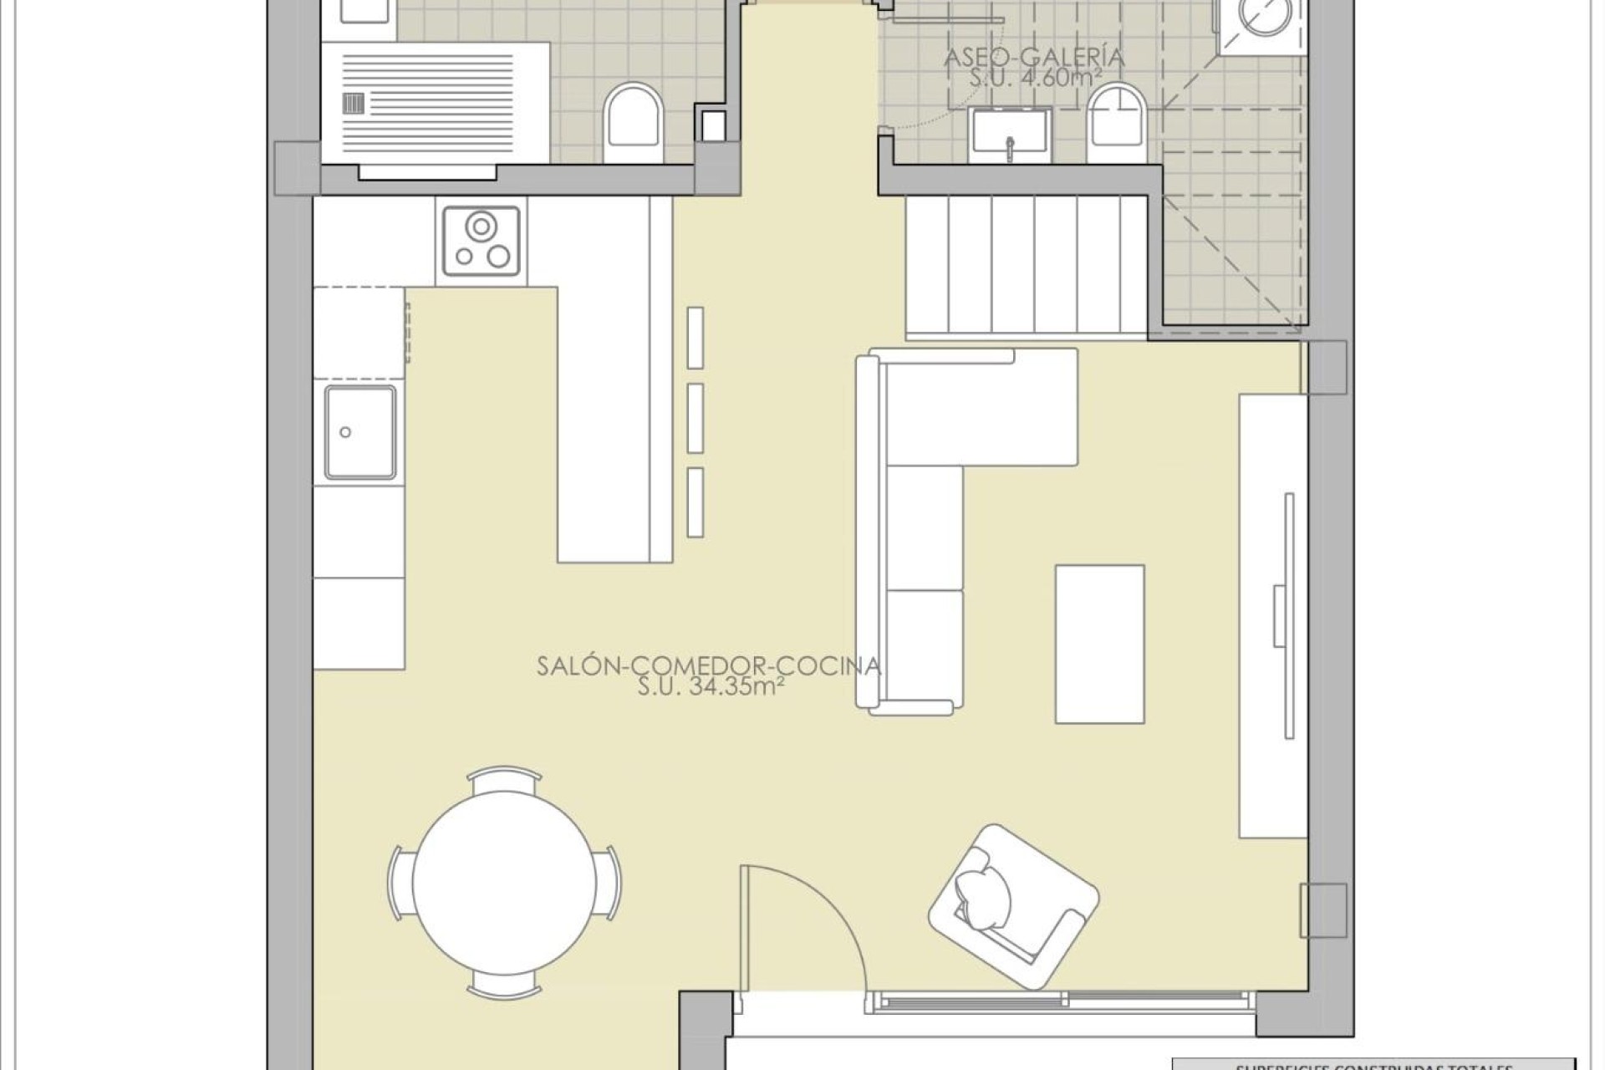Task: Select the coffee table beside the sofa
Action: point(1099,643)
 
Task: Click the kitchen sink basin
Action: point(359,432)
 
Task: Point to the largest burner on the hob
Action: point(481,227)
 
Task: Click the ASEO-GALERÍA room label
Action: point(1033,58)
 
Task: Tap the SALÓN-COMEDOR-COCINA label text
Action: point(708,666)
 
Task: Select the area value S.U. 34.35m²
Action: point(710,687)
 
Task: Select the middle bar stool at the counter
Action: point(695,418)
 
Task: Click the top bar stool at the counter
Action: point(695,337)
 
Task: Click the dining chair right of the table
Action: point(612,883)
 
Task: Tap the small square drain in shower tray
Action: point(354,103)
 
